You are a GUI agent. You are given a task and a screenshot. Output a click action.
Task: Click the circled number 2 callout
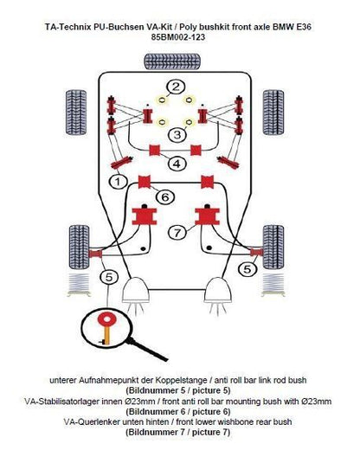click(175, 87)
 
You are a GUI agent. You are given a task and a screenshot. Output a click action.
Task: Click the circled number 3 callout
click(177, 134)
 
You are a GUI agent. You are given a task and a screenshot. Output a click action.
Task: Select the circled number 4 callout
click(177, 164)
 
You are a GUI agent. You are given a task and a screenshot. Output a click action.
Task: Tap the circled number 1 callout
click(118, 182)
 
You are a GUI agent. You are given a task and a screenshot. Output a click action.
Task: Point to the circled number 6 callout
click(164, 197)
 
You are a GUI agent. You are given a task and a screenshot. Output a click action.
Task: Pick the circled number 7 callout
click(177, 233)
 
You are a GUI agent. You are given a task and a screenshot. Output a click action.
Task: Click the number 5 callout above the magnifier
click(108, 277)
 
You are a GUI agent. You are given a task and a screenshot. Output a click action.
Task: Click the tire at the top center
click(172, 61)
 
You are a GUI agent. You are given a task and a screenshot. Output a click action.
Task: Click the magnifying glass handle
click(147, 350)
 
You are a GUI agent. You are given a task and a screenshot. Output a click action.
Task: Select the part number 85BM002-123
click(178, 37)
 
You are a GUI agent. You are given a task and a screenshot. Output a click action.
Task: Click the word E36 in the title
click(304, 27)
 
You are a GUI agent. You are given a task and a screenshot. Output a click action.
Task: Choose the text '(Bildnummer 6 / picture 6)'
click(178, 412)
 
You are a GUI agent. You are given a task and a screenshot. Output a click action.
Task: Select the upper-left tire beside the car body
click(76, 113)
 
